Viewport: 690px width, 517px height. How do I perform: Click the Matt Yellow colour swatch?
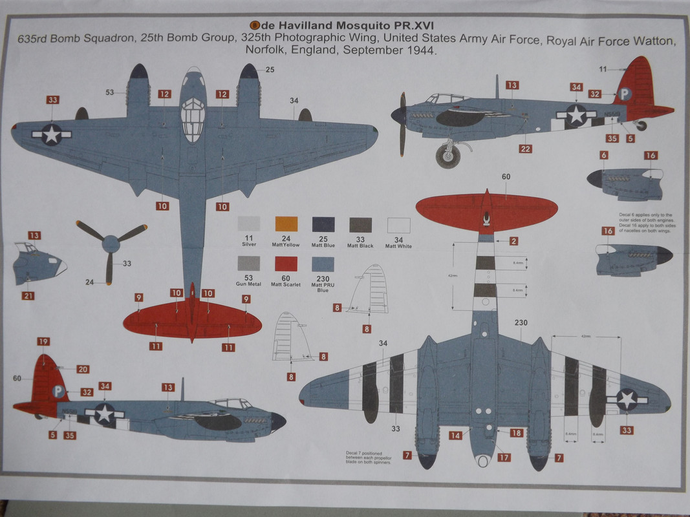286,224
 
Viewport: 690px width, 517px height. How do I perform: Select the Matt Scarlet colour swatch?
286,264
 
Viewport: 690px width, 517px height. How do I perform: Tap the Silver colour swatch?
249,224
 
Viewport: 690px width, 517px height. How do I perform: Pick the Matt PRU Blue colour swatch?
323,264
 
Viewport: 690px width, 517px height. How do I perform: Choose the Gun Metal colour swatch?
249,264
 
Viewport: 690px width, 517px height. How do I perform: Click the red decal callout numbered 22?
526,149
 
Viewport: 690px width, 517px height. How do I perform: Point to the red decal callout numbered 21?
28,296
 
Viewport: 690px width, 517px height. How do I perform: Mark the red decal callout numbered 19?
43,342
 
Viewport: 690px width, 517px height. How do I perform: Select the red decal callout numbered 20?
83,369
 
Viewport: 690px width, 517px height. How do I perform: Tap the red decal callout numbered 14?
455,435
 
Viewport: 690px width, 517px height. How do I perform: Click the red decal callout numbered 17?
504,458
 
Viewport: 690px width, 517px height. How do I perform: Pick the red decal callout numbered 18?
516,433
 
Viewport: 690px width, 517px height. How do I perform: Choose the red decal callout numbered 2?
513,241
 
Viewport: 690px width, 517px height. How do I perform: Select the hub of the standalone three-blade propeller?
111,244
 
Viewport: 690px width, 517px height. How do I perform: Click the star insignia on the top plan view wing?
51,134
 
